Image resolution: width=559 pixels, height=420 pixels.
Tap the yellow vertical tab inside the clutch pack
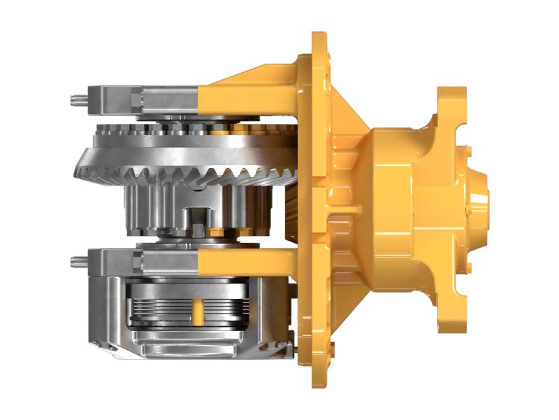tap(198, 311)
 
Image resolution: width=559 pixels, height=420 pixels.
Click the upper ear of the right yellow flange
tap(451, 105)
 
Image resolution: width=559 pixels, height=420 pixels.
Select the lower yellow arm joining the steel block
tap(245, 263)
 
